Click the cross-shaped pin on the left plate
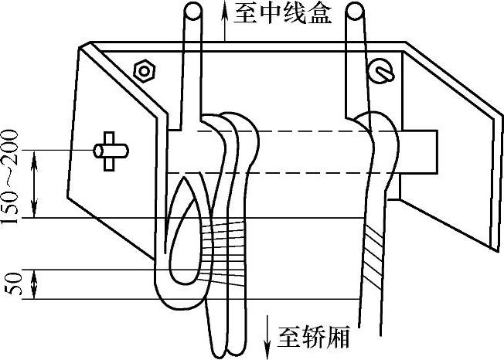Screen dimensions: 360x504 [x=107, y=150]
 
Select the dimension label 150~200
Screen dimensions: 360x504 [x=10, y=177]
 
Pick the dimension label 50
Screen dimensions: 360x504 [x=10, y=284]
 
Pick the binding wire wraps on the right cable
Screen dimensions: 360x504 [x=375, y=252]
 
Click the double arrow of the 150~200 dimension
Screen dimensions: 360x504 [x=34, y=184]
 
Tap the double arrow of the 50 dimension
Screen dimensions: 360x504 [x=34, y=284]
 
